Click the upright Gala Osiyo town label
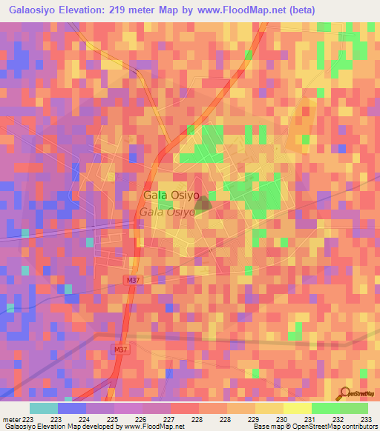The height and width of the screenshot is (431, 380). tap(171, 196)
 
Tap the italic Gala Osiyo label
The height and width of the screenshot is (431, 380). tap(167, 212)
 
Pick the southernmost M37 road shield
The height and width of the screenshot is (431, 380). tap(122, 349)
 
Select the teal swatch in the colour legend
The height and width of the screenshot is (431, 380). tap(43, 408)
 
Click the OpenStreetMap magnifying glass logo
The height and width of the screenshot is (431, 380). tap(346, 392)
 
